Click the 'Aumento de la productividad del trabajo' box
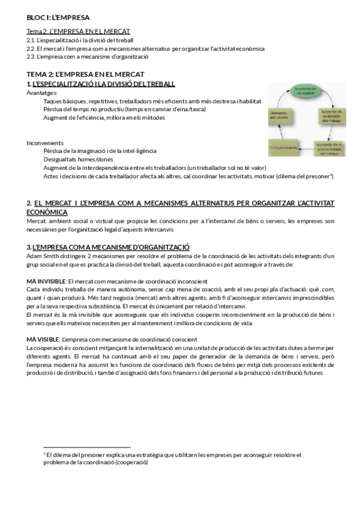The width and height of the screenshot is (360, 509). tap(329, 148)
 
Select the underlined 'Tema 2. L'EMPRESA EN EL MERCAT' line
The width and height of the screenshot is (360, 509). tap(78, 31)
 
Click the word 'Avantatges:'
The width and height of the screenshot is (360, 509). tap(42, 93)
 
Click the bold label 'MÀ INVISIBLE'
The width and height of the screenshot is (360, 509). tap(46, 281)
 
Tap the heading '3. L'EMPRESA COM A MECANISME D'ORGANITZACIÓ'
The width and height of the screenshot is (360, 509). tap(108, 247)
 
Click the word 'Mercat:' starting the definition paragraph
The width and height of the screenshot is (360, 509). tap(37, 220)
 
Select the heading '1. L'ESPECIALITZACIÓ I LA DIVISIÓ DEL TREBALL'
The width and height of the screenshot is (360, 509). tap(101, 84)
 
